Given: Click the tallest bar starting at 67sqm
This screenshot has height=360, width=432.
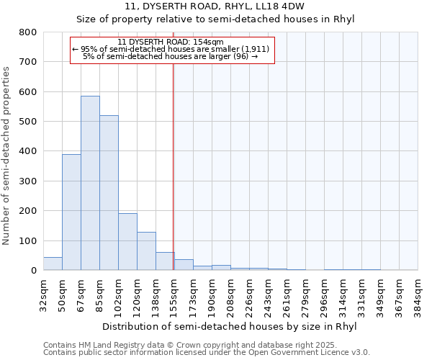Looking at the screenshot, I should click(x=90, y=183).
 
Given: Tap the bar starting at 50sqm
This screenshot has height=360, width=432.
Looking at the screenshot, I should click(x=71, y=212).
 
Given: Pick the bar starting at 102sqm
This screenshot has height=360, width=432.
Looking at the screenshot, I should click(x=127, y=241).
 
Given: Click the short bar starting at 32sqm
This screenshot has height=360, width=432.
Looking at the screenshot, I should click(x=53, y=264).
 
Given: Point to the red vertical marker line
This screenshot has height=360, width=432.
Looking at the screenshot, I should click(x=173, y=166).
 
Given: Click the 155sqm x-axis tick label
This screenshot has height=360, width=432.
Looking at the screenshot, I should click(x=174, y=294).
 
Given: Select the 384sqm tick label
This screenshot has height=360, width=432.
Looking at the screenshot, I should click(x=418, y=294).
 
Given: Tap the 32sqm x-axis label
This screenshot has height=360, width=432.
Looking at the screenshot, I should click(x=43, y=294).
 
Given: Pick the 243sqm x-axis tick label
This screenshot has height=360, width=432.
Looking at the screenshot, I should click(x=268, y=294).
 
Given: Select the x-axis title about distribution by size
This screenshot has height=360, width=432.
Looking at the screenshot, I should click(x=230, y=325).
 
